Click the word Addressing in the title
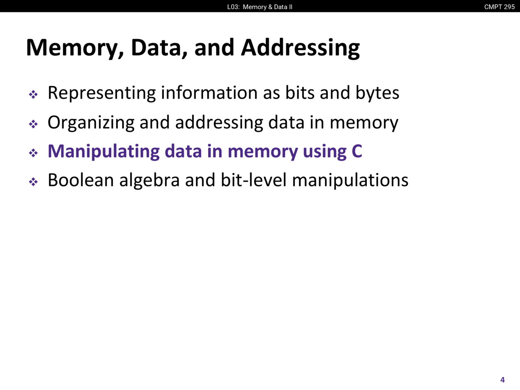coord(300,48)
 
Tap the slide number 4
coord(503,380)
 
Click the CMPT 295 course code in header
coord(499,7)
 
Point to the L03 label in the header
coord(233,7)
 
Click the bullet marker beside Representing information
coord(33,95)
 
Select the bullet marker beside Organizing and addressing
coord(33,124)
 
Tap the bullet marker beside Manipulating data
coord(33,153)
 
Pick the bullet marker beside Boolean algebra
coord(33,182)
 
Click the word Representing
coord(102,93)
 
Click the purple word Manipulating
coord(104,152)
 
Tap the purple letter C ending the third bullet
coord(357,152)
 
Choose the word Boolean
coord(80,180)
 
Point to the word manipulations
coord(350,180)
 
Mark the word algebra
coord(149,180)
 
